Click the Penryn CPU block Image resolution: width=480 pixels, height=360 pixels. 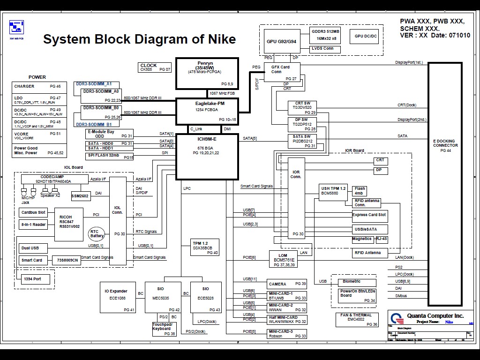tap(207, 74)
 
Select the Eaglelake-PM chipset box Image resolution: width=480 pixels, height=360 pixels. tap(207, 111)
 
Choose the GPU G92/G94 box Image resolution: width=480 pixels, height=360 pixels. tap(281, 41)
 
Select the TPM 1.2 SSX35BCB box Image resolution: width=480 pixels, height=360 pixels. tap(205, 247)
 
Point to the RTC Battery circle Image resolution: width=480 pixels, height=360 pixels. tap(97, 233)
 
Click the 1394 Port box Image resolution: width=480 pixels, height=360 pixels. tap(32, 279)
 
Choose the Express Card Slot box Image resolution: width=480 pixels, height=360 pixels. tap(369, 215)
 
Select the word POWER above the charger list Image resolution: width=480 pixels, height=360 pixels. tap(37, 77)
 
